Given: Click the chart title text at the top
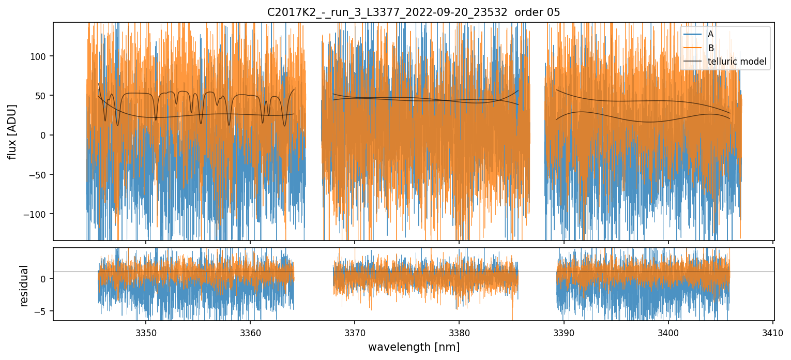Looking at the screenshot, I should [x=414, y=12].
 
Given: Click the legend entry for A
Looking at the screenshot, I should [x=710, y=34].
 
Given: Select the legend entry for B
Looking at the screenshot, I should [x=710, y=48].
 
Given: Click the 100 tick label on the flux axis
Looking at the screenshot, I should [x=40, y=56].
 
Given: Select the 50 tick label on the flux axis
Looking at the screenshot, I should [x=42, y=96].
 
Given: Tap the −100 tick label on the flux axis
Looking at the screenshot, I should [x=37, y=214].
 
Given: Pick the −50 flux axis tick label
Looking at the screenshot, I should [x=39, y=175].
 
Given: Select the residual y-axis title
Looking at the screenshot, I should [x=24, y=286].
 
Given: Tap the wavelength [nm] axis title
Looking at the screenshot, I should [x=414, y=347].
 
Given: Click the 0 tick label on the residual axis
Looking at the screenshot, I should [x=44, y=279].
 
